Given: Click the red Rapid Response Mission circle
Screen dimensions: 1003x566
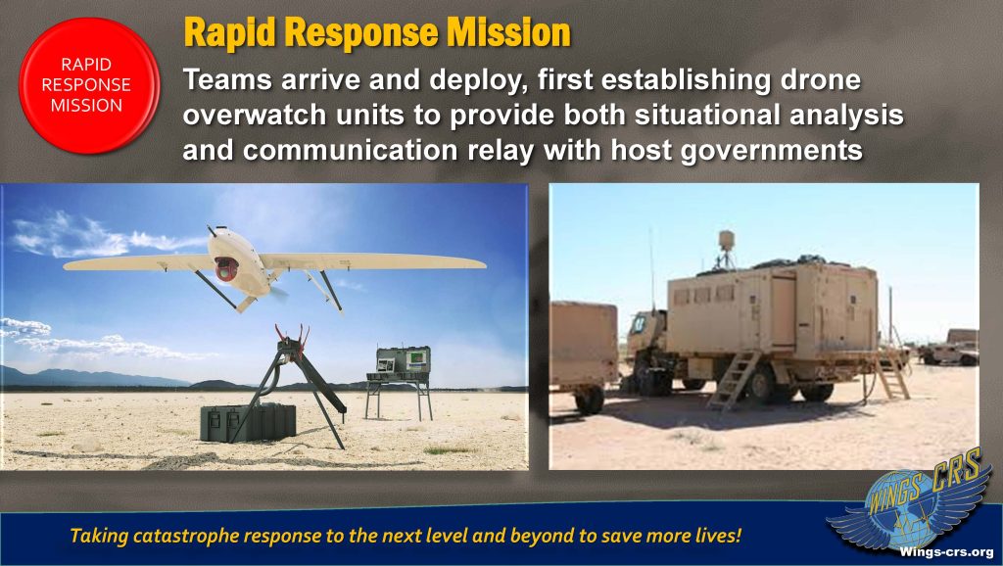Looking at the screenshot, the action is click(89, 85).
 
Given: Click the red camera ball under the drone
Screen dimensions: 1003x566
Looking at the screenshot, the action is click(226, 268).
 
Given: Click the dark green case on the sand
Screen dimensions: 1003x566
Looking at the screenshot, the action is click(248, 422).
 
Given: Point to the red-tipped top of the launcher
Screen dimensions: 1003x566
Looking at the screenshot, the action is click(291, 337).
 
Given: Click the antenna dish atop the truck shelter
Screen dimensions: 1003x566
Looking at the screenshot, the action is click(726, 241).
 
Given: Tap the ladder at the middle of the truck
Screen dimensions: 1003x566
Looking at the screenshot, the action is click(733, 380).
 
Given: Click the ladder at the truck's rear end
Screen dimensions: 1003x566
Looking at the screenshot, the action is click(891, 375).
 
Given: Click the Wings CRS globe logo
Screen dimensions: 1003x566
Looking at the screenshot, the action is click(909, 506).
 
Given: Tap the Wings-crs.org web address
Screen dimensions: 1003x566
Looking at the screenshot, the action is click(946, 551).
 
